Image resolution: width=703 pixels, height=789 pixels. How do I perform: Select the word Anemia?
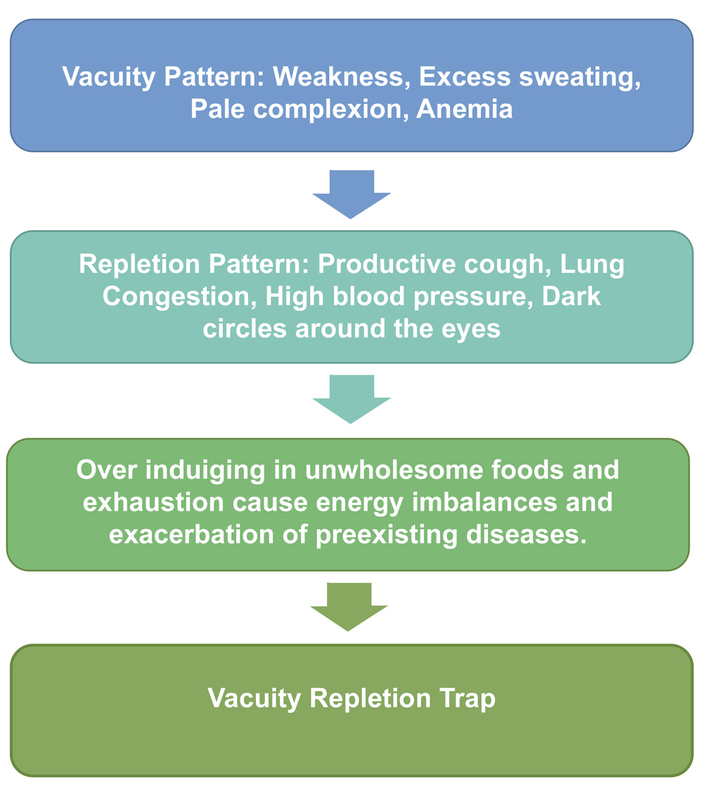(464, 109)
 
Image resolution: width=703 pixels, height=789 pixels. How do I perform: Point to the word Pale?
(217, 109)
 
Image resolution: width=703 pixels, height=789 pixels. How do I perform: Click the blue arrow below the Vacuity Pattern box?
(351, 194)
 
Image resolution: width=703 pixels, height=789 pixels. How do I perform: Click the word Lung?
(592, 265)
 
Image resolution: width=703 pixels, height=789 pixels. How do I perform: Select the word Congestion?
(180, 297)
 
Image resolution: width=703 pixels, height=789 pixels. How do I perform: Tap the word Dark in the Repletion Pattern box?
(572, 296)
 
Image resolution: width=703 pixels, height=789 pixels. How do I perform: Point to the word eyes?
(471, 330)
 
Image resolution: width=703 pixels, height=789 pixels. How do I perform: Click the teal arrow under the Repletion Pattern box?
(351, 399)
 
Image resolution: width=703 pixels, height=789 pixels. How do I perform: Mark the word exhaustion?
(153, 502)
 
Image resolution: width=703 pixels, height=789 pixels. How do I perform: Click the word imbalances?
(484, 502)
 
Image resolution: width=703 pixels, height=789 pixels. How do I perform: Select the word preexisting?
(387, 535)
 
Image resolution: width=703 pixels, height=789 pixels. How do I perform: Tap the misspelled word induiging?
(205, 471)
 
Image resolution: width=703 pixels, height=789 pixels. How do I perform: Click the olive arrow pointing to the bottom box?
(349, 607)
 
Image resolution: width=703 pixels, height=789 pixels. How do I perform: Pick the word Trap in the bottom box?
(467, 699)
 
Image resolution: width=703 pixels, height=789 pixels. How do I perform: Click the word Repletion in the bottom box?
(370, 699)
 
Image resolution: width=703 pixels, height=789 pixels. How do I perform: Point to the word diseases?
(527, 535)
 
